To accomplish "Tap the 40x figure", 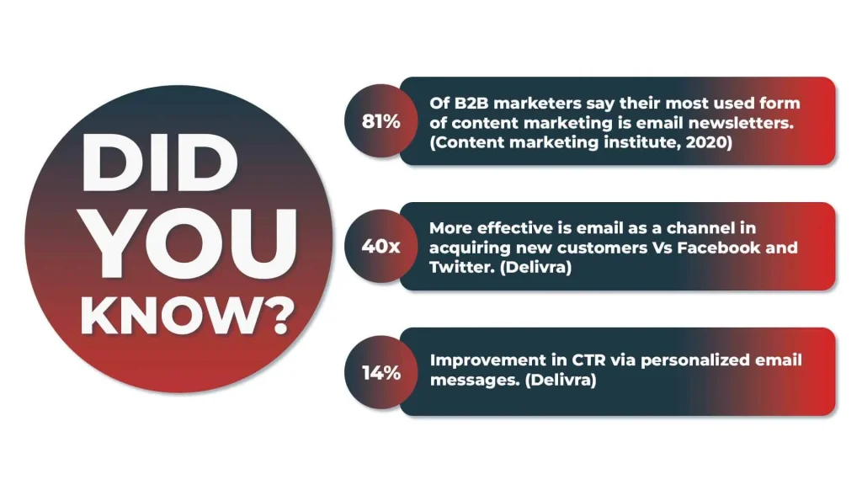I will coord(381,247).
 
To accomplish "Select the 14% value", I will coord(381,372).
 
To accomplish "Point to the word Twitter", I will coord(457,267).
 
